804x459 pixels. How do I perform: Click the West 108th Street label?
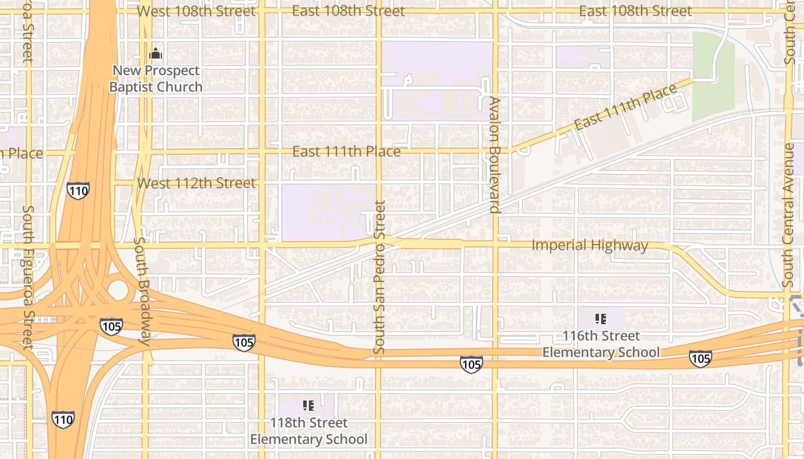[x=196, y=11]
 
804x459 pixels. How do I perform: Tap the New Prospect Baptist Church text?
[x=156, y=79]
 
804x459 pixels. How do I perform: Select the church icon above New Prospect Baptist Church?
[x=156, y=55]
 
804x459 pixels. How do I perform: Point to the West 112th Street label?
[x=196, y=183]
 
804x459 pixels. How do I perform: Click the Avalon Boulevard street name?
[x=495, y=155]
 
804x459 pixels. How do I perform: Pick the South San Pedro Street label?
[x=379, y=277]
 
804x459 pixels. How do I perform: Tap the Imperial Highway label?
[x=590, y=246]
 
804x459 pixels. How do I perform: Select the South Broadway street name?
[x=142, y=291]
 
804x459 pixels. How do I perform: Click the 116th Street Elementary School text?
[x=601, y=344]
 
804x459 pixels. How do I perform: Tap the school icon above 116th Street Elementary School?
[x=601, y=319]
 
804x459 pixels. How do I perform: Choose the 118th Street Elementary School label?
[x=308, y=431]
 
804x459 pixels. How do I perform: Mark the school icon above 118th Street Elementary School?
[x=308, y=406]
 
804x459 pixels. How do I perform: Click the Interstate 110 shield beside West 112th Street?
[x=78, y=190]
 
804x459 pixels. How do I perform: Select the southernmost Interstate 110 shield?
[x=63, y=419]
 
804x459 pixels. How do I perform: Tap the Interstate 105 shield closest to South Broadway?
[x=111, y=326]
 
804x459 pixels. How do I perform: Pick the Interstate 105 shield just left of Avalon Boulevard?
[x=471, y=364]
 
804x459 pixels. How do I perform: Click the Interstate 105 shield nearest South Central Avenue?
[x=700, y=359]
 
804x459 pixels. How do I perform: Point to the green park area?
[x=713, y=75]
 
